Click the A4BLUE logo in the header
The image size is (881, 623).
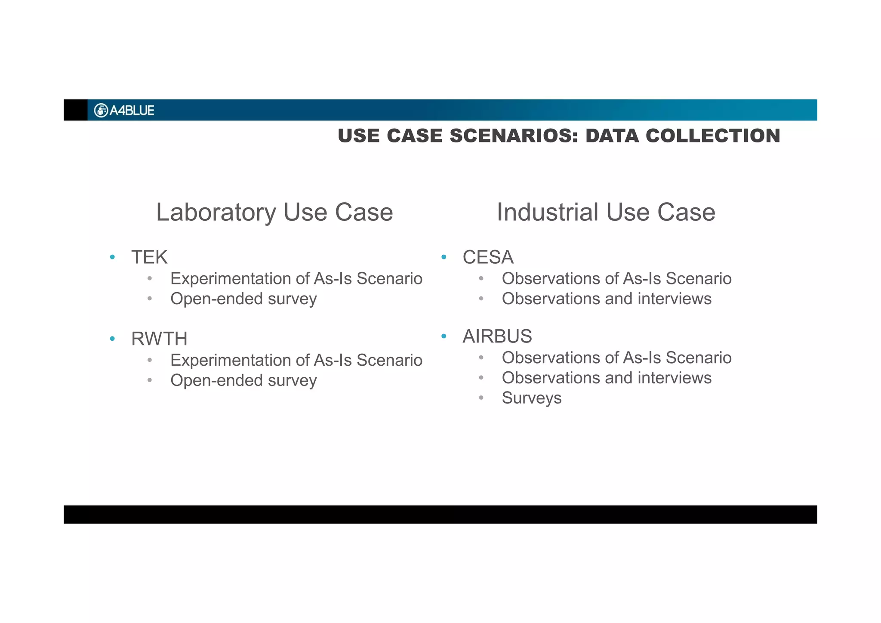(124, 111)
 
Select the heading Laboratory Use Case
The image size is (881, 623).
(274, 212)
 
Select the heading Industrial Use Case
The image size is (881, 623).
(606, 212)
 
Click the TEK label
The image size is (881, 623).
(149, 257)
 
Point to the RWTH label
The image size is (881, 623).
(159, 339)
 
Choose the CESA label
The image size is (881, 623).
(488, 257)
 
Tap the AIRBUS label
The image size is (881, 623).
(497, 336)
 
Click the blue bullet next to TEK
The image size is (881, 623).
(112, 257)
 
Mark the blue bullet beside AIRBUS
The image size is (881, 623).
(444, 336)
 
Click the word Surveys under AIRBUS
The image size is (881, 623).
(531, 398)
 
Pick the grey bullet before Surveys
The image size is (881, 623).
(481, 398)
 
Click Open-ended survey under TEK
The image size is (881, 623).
(243, 299)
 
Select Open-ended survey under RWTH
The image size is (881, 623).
(243, 381)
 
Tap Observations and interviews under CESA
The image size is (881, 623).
(607, 299)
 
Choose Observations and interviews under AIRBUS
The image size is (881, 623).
(607, 378)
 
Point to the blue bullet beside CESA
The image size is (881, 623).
(444, 257)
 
